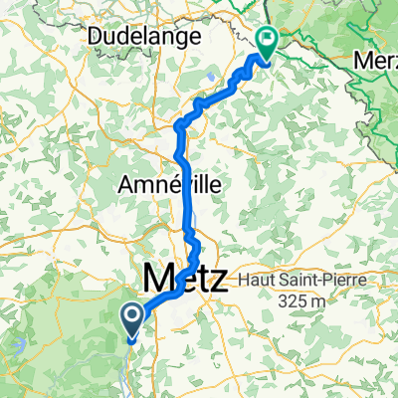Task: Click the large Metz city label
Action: tap(185, 276)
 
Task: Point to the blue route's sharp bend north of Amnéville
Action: tap(180, 125)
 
